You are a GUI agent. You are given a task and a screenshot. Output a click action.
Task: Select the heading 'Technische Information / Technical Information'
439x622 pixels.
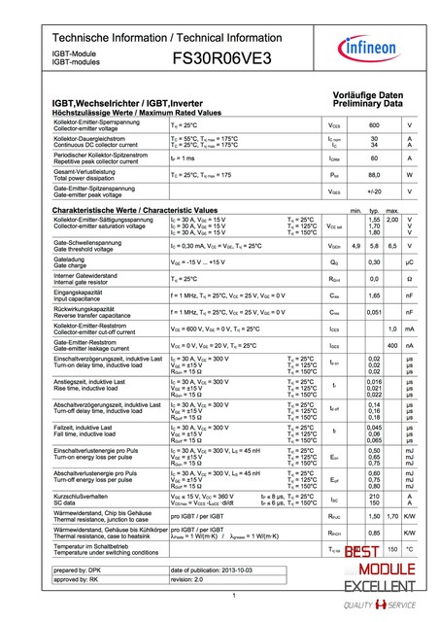(x=167, y=37)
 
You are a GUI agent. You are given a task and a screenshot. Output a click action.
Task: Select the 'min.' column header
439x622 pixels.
(x=355, y=211)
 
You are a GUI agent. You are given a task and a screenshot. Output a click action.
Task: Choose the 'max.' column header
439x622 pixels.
(x=392, y=211)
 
